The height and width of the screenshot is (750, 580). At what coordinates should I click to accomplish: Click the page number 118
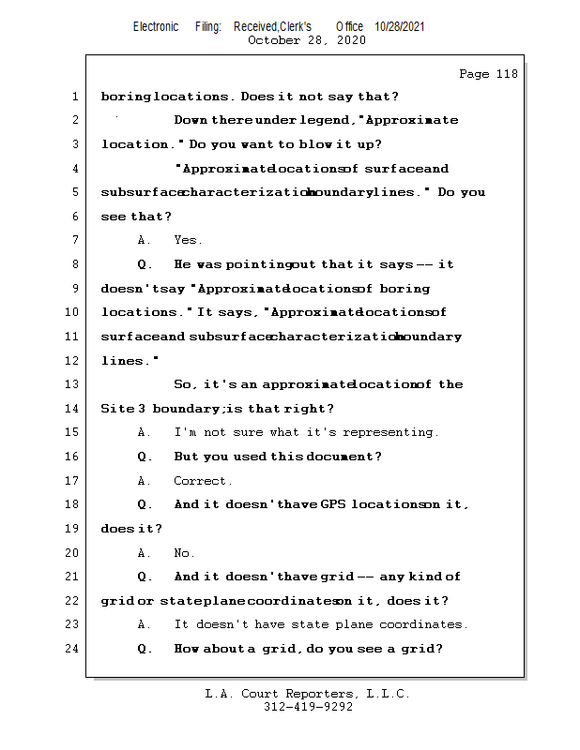point(507,74)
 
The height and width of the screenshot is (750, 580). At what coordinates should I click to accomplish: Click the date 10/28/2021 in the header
point(400,26)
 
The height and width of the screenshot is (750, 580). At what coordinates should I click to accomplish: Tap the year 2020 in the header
point(351,40)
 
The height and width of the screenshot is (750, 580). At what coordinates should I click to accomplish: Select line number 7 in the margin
point(75,240)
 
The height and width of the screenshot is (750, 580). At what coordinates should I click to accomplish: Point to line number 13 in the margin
point(71,384)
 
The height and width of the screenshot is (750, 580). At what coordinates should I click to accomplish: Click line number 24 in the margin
point(71,649)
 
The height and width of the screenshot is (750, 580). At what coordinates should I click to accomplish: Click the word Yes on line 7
point(186,240)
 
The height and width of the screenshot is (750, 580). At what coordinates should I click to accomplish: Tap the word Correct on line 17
point(200,481)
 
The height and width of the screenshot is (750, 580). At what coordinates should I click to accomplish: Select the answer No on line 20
point(182,553)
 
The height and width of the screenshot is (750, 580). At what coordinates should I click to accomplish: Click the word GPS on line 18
point(332,504)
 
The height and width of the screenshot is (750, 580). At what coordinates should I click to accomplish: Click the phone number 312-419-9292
point(308,707)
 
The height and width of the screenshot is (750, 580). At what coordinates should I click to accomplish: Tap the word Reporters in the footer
point(319,694)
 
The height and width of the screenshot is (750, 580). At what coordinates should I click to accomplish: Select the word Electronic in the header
point(156,26)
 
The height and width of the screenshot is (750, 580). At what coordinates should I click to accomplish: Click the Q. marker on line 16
point(145,457)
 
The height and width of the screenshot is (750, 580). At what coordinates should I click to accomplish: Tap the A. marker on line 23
point(144,624)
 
